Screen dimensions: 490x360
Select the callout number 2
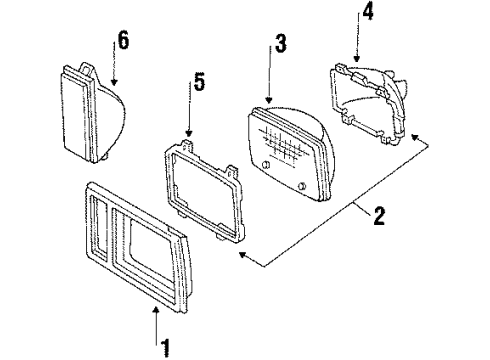pyautogui.click(x=378, y=215)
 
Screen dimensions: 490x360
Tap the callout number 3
pyautogui.click(x=281, y=46)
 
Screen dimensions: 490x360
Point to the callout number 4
pyautogui.click(x=369, y=14)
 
